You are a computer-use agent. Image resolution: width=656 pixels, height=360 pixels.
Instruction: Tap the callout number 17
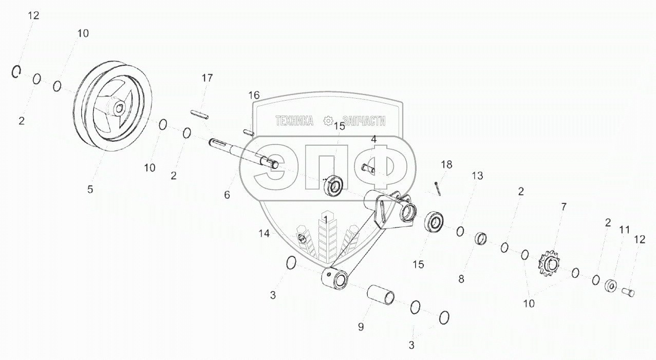tap(207, 79)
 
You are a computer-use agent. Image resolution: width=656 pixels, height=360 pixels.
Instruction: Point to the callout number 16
tap(254, 96)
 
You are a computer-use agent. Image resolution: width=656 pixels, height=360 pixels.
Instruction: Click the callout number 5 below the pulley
tap(90, 190)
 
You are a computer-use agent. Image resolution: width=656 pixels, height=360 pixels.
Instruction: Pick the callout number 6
tap(227, 195)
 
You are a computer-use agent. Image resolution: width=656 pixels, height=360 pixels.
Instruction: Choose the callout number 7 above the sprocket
tap(564, 207)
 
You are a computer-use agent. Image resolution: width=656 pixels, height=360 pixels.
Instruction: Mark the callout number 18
tap(446, 165)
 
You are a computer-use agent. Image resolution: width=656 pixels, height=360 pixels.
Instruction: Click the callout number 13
tap(478, 176)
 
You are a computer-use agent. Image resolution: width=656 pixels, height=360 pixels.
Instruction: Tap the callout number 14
tap(264, 233)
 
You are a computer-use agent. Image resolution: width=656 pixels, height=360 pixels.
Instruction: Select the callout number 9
tap(361, 327)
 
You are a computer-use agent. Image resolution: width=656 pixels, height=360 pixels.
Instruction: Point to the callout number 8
tap(461, 280)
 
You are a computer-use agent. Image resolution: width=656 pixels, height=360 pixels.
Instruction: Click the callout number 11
tap(624, 230)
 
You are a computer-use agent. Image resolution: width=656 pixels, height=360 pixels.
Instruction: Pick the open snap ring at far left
tap(16, 73)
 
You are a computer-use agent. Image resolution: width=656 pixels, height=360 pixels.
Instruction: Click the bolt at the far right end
tap(629, 293)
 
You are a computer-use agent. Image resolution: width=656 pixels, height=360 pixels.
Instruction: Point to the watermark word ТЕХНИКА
tap(294, 121)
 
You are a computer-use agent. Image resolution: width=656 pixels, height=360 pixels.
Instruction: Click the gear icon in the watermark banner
tap(328, 121)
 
